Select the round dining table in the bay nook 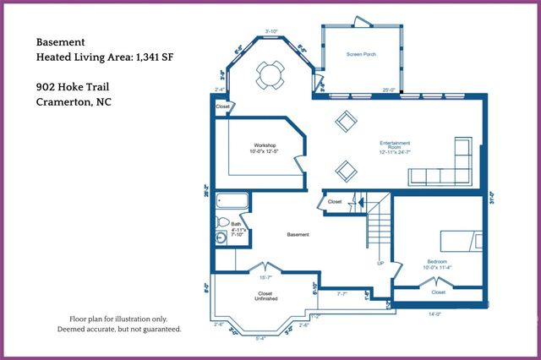coord(270,74)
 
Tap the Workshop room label coord(264,148)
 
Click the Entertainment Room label coord(395,148)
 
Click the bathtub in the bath coord(232,203)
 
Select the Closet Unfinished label coord(265,297)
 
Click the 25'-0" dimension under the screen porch coord(388,90)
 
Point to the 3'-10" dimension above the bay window coord(271,32)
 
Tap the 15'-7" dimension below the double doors coord(265,277)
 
